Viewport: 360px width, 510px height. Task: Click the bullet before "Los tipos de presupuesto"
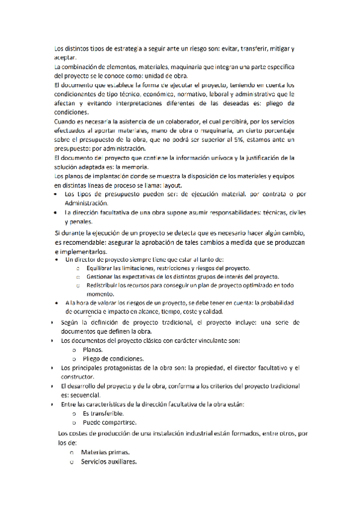tap(56, 195)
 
